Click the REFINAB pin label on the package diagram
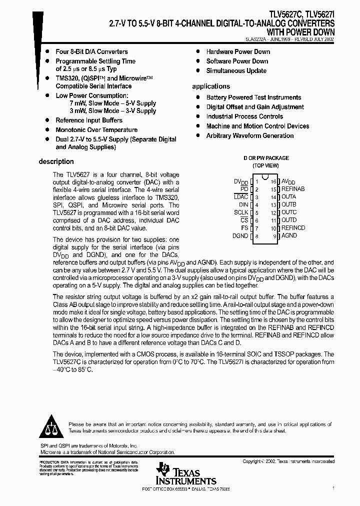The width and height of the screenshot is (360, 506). point(292,189)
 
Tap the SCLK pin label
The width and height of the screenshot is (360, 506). point(241,212)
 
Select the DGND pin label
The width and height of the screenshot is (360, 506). point(240,236)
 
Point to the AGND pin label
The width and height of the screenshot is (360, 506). point(289,236)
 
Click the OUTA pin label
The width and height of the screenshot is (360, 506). point(288,197)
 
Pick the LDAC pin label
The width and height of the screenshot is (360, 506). point(240,197)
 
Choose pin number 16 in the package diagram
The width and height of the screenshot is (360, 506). point(273,181)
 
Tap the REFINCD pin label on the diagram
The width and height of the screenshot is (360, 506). point(293,228)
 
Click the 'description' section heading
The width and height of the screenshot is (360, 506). point(56,161)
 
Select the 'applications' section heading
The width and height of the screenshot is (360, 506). point(211,86)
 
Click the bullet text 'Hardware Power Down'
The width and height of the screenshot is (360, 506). point(238,51)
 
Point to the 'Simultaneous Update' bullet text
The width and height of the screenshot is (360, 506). point(236,70)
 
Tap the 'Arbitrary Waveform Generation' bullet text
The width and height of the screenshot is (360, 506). point(250,135)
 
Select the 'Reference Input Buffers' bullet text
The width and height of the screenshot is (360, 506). point(89,120)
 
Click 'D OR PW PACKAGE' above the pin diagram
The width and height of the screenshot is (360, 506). point(266,158)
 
